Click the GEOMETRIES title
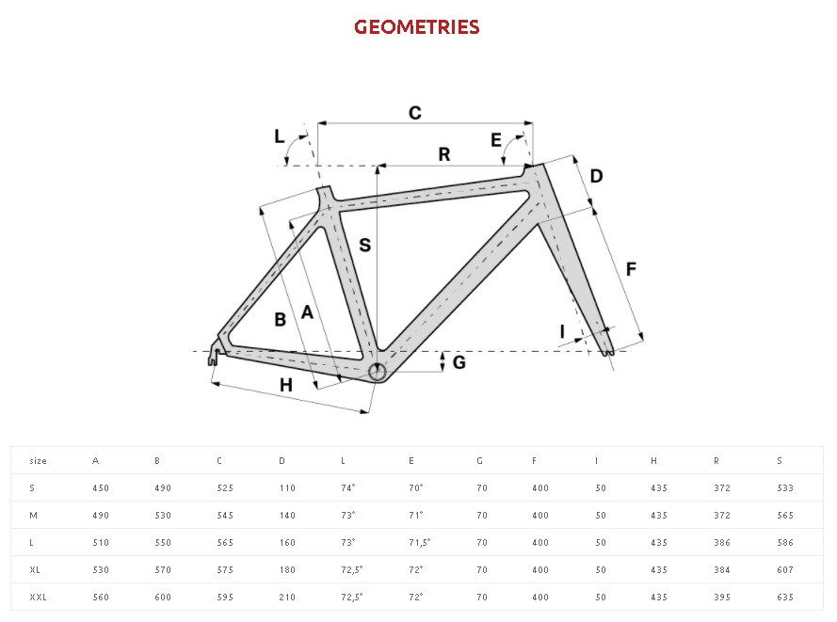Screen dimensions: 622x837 tap(417, 27)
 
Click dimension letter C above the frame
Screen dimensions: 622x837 tap(414, 113)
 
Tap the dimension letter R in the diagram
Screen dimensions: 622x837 tap(444, 154)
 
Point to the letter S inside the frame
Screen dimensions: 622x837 tap(365, 246)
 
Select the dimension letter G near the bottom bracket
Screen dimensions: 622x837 tap(459, 362)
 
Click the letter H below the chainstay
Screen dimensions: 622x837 tap(286, 384)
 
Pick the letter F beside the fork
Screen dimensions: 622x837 tap(631, 269)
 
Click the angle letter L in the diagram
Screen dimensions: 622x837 tap(279, 136)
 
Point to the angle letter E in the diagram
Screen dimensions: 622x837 tap(496, 141)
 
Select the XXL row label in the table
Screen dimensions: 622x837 tap(39, 598)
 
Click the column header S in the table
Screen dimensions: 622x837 tap(780, 461)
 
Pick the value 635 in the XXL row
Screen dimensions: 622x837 tap(785, 598)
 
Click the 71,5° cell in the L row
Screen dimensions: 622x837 tap(419, 543)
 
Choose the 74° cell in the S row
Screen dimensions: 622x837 tap(347, 488)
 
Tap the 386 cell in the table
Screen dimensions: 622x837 tap(722, 543)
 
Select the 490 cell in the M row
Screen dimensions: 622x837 tap(101, 516)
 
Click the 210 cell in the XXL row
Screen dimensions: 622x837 tap(287, 598)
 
